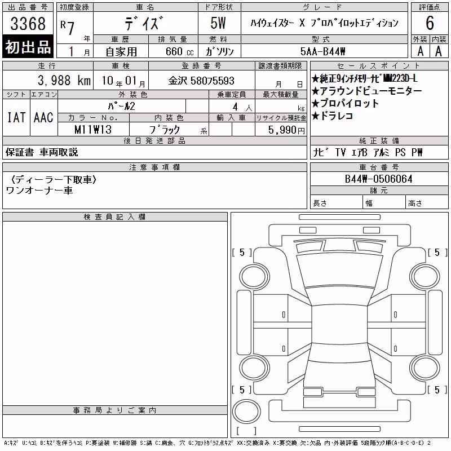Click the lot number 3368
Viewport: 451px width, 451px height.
pyautogui.click(x=28, y=23)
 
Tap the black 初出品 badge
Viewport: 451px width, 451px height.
pyautogui.click(x=28, y=46)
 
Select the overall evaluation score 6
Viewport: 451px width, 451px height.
pyautogui.click(x=430, y=23)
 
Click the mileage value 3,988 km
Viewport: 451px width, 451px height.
pyautogui.click(x=64, y=81)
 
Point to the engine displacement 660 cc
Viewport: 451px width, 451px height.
pyautogui.click(x=179, y=52)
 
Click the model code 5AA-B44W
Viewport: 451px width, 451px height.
pyautogui.click(x=322, y=51)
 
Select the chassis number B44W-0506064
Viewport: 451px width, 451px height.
pyautogui.click(x=378, y=179)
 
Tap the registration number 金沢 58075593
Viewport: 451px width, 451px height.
pyautogui.click(x=201, y=81)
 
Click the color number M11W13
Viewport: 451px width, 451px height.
pyautogui.click(x=93, y=130)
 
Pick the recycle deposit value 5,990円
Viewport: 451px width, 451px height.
pyautogui.click(x=286, y=130)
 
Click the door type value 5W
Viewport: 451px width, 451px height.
pyautogui.click(x=218, y=23)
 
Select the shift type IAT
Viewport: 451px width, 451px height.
pyautogui.click(x=16, y=117)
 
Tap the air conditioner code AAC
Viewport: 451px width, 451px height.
pyautogui.click(x=43, y=117)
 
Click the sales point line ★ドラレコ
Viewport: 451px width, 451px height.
pyautogui.click(x=332, y=116)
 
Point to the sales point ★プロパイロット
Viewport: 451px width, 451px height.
pyautogui.click(x=345, y=103)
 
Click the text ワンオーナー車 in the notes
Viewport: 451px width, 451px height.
pyautogui.click(x=39, y=191)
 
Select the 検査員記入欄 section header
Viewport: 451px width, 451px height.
pyautogui.click(x=114, y=217)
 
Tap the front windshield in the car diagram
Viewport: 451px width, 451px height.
pyautogui.click(x=339, y=269)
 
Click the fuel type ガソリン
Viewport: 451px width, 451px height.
pyautogui.click(x=219, y=52)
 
